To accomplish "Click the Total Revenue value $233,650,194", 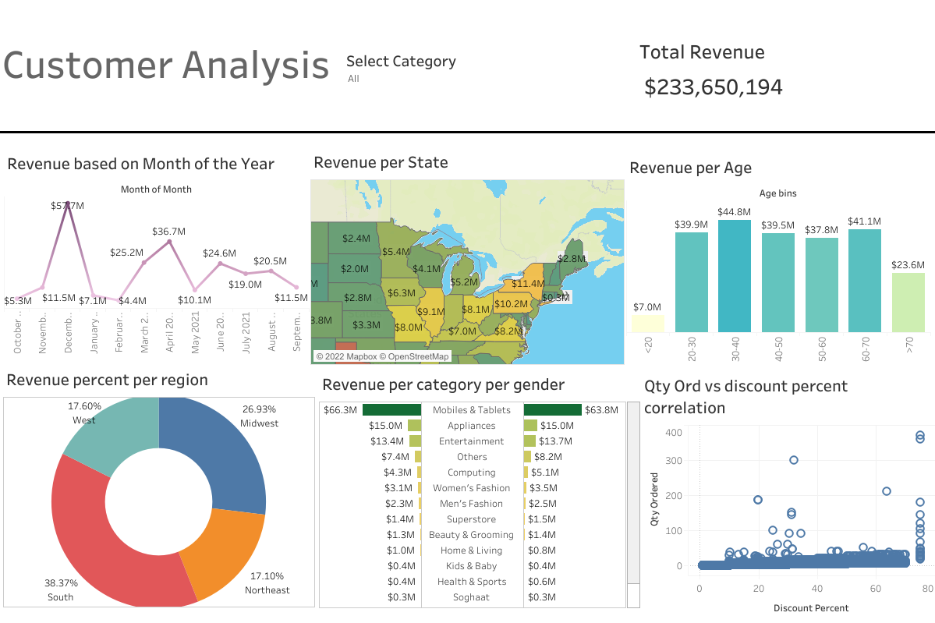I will coord(713,87).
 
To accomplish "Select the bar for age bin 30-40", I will coord(735,276).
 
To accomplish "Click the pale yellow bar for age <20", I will coord(647,324).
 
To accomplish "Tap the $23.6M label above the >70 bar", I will coord(908,264).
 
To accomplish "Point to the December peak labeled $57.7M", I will coord(69,205).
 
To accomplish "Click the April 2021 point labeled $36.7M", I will coord(169,242).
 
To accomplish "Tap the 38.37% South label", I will coord(60,582).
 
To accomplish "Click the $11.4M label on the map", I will coord(528,284).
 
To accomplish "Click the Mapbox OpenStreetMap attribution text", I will coord(382,356).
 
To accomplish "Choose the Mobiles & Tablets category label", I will coord(472,410).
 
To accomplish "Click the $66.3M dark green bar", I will coord(391,410).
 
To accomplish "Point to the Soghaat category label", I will coord(472,597).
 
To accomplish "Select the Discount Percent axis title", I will coord(810,607).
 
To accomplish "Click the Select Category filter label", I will coord(401,62).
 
